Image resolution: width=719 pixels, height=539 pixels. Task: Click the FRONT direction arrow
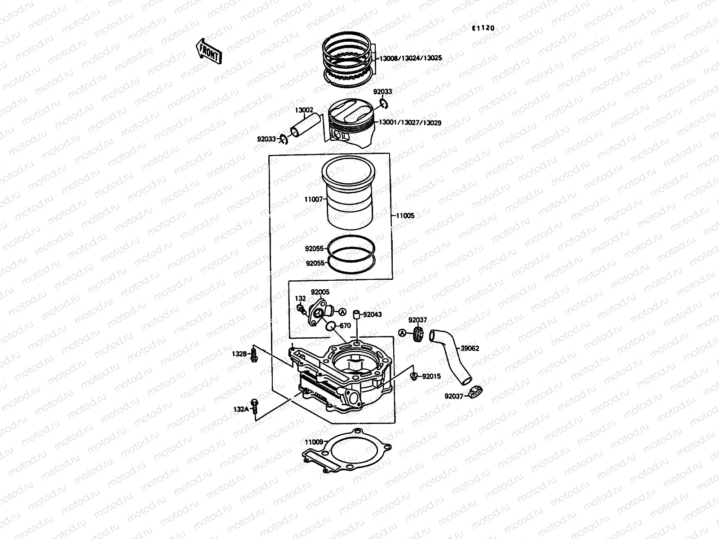coord(209,51)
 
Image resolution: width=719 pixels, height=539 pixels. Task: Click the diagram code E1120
coord(483,28)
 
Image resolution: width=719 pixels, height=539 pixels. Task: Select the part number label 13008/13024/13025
coord(411,58)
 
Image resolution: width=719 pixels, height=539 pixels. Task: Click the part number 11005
coord(405,216)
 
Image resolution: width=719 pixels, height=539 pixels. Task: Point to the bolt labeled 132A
coord(255,407)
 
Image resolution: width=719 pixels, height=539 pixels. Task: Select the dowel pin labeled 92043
coord(356,314)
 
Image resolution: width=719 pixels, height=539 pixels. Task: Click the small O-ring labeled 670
coord(330,326)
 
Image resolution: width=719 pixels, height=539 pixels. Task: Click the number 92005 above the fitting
coord(320,292)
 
